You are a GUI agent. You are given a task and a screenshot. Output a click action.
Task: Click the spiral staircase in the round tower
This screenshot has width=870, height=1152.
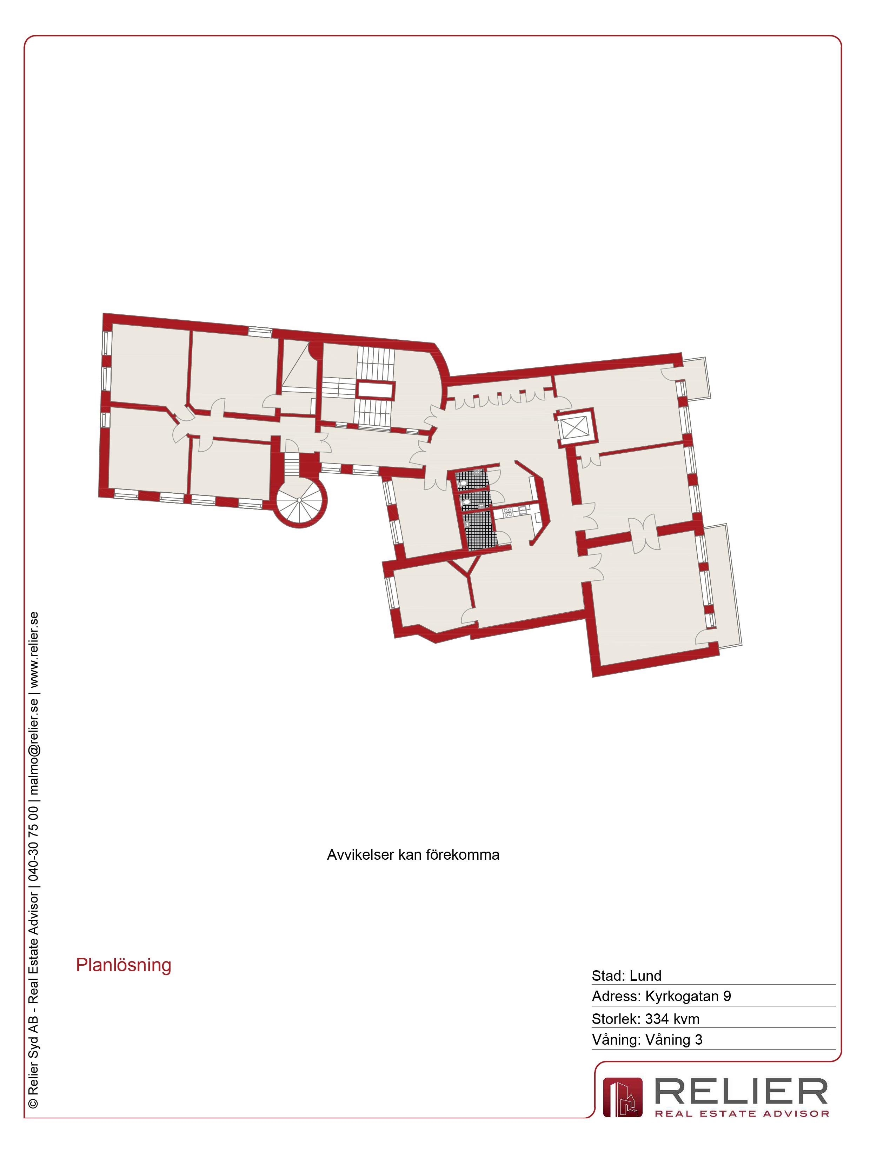click(300, 500)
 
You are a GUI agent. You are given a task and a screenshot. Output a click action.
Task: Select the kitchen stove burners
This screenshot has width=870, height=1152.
click(508, 512)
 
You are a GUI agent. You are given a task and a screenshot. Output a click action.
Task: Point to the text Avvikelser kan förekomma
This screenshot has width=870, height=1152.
click(413, 855)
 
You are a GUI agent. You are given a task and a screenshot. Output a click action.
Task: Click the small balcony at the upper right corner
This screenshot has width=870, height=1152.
click(696, 379)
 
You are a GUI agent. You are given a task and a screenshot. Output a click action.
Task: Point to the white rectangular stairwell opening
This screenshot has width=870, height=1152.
click(375, 389)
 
